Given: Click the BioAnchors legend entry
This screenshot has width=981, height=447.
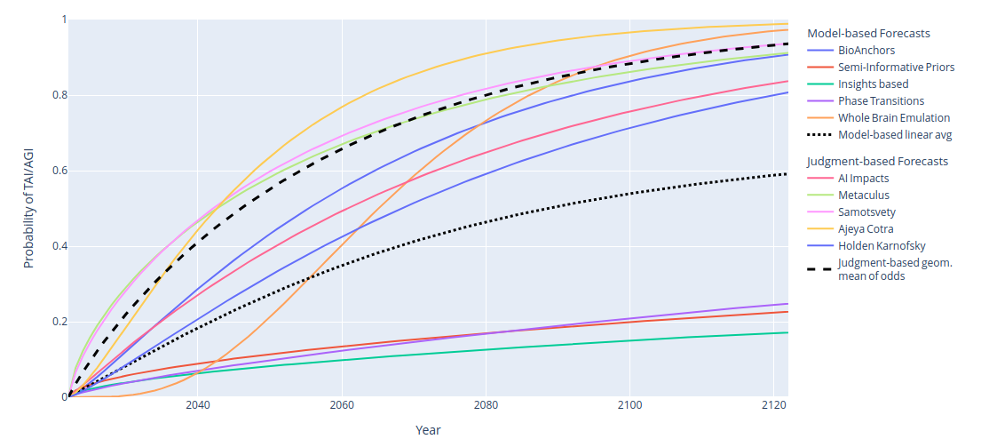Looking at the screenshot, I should pos(866,51).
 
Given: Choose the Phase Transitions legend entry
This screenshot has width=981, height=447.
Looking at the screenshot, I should pos(882,101).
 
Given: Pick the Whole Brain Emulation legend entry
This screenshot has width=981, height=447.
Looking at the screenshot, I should pos(894,118).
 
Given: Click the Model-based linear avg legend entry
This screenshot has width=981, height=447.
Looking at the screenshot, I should pos(895,135).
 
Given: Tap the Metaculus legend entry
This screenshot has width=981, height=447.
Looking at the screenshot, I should pos(864,196).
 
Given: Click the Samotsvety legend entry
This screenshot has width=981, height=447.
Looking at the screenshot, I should pos(866,212).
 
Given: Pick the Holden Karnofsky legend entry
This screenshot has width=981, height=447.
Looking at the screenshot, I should pos(882,246).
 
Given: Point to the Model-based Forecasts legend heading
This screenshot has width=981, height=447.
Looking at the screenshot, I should pos(868,34).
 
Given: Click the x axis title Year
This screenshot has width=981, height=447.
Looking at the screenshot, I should pos(428,430).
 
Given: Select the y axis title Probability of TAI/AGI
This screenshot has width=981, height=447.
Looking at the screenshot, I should pos(28,208).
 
